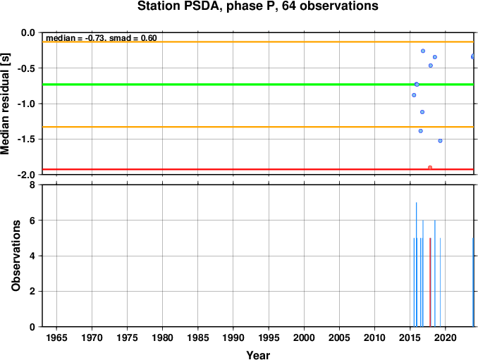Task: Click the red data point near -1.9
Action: click(430, 168)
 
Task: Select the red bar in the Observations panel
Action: click(430, 283)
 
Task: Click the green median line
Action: click(258, 85)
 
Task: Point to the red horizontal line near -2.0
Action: click(258, 169)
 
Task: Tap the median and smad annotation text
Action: click(102, 38)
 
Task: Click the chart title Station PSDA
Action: click(257, 6)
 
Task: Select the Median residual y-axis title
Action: click(5, 104)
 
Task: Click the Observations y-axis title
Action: click(16, 256)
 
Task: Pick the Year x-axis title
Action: click(258, 355)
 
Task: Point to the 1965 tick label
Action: click(56, 337)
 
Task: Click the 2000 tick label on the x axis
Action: click(304, 337)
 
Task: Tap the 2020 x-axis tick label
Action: click(446, 337)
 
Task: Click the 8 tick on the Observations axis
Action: click(32, 185)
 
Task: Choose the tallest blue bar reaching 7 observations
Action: click(417, 264)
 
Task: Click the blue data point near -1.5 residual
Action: click(440, 141)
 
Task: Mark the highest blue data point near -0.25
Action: click(423, 51)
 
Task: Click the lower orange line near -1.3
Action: click(258, 127)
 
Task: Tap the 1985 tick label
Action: click(198, 337)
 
